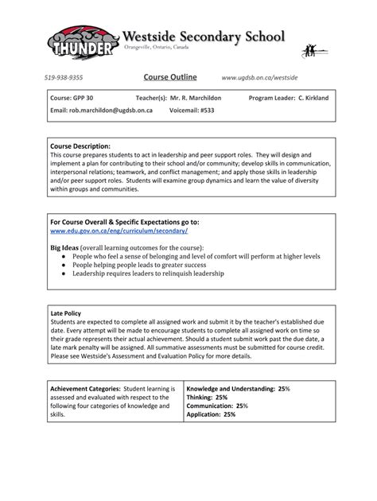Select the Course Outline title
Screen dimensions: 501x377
pyautogui.click(x=170, y=78)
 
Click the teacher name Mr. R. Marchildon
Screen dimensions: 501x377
pyautogui.click(x=175, y=98)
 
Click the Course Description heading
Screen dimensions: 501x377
pyautogui.click(x=80, y=146)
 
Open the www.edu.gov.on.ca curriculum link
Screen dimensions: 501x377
pyautogui.click(x=119, y=231)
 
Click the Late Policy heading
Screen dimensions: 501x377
pyautogui.click(x=67, y=313)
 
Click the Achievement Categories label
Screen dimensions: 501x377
pyautogui.click(x=85, y=389)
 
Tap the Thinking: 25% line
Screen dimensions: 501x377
pyautogui.click(x=207, y=397)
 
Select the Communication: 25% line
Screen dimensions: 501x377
pyautogui.click(x=217, y=406)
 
